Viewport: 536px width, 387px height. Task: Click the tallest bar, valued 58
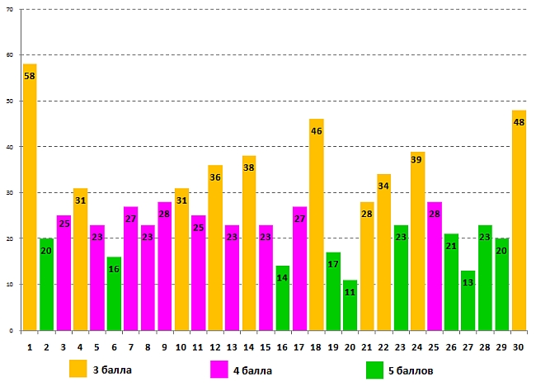point(30,198)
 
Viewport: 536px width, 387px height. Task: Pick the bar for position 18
point(317,224)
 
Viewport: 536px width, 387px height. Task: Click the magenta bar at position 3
point(63,272)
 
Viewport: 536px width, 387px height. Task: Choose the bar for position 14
point(249,243)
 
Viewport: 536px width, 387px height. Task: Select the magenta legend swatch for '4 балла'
point(219,369)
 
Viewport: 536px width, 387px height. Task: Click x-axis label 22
point(383,348)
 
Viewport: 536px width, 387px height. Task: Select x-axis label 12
point(215,348)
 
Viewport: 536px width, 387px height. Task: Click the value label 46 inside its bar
point(317,131)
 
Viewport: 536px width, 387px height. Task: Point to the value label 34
point(384,186)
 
